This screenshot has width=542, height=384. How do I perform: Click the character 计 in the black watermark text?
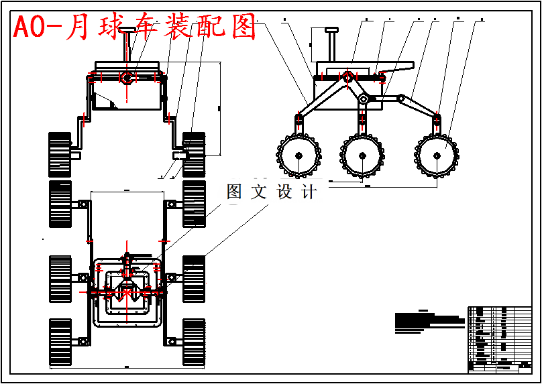pos(309,192)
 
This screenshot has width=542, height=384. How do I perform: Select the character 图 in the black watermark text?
pos(234,192)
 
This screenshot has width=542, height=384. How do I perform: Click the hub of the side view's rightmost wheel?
pos(437,156)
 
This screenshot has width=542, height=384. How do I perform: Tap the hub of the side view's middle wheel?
pos(362,156)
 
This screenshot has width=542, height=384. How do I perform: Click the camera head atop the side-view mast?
pos(331,30)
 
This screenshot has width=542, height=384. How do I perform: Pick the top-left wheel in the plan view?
pos(60,204)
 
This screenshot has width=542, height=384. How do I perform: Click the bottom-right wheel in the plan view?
pos(194,342)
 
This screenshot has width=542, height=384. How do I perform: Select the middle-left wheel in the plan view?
pos(60,278)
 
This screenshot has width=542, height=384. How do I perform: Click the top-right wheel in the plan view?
pos(194,204)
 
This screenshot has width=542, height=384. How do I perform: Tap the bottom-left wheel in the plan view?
pos(60,342)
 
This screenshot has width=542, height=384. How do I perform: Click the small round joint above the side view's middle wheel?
pos(363,100)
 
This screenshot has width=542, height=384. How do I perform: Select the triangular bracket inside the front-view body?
pos(104,101)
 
